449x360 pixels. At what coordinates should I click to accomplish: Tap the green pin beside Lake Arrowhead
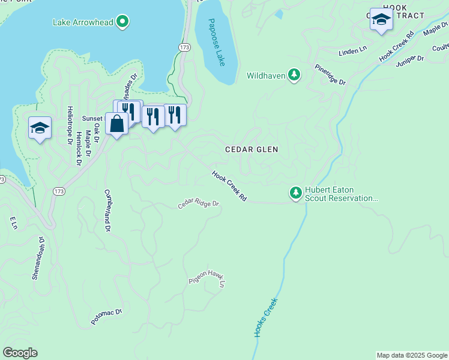click(x=122, y=23)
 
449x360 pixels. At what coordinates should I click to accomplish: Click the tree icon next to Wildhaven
click(x=294, y=75)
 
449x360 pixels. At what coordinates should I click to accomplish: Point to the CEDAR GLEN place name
click(x=252, y=149)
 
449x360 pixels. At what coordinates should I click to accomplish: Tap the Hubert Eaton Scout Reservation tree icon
click(x=295, y=193)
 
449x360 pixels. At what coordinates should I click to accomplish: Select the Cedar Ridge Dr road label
click(x=199, y=205)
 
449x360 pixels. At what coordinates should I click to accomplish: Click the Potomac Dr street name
click(x=107, y=316)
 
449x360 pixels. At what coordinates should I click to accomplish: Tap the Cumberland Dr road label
click(x=107, y=211)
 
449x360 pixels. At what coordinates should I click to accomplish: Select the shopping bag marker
click(x=116, y=124)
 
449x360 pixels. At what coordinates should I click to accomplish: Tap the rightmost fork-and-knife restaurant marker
click(x=175, y=114)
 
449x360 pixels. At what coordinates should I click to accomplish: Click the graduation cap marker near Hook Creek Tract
click(x=381, y=20)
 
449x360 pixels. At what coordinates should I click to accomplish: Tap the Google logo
click(x=20, y=353)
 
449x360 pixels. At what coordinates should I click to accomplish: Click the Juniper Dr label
click(x=410, y=58)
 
